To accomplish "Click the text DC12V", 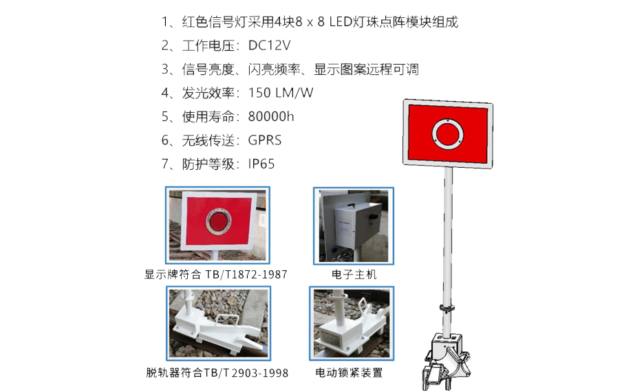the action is point(269,45).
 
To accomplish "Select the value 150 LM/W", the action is point(281,93).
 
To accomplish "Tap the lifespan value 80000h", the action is point(271,117).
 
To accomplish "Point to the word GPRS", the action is point(264,140).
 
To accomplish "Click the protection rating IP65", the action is point(261,164).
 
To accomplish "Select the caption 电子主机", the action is point(354,274).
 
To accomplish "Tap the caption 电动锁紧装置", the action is point(349,372).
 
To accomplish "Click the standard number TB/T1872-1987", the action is point(246,274).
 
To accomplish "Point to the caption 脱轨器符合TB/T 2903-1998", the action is point(217,373).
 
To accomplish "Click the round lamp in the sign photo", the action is point(218,221).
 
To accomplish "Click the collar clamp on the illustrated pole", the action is point(447,308).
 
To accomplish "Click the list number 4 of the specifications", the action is point(165,93).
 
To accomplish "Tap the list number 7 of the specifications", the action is point(165,164).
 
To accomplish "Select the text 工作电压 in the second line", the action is point(208,45).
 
